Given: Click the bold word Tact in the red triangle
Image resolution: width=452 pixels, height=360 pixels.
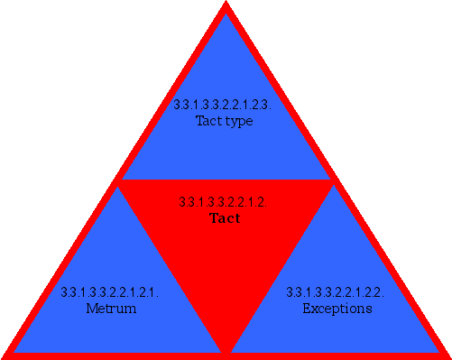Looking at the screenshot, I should tap(224, 218).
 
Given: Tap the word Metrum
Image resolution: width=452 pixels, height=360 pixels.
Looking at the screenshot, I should tap(111, 309).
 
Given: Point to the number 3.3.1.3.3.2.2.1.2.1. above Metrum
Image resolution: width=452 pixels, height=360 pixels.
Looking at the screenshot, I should tap(110, 292).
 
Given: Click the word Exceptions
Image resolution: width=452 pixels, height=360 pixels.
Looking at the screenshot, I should tap(337, 309).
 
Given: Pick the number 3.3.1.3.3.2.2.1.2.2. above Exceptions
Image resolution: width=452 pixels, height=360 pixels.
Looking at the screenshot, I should tap(336, 292).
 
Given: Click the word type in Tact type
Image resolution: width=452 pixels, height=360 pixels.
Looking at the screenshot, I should tap(238, 121).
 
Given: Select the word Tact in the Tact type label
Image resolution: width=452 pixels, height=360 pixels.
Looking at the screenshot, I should tap(209, 121).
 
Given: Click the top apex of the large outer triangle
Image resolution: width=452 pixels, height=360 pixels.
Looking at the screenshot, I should tap(226, 4).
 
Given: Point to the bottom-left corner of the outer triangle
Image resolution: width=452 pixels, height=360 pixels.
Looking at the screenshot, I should tap(5, 355).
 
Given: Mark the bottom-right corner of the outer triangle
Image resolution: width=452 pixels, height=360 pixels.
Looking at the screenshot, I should tap(447, 355).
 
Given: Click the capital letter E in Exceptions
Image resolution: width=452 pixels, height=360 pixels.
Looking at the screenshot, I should tap(306, 309).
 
